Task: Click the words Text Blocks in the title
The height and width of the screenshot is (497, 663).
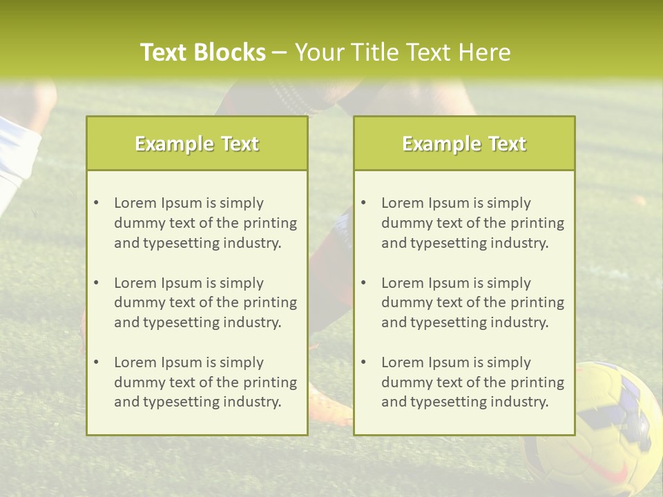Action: [202, 52]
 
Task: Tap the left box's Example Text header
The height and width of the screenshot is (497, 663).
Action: [197, 144]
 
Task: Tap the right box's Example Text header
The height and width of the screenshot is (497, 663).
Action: [464, 144]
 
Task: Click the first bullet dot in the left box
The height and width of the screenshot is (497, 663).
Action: [96, 203]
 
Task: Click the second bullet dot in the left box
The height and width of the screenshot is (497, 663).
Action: [96, 283]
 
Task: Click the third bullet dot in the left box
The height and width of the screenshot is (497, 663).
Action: [96, 362]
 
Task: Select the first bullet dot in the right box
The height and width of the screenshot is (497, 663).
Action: [363, 203]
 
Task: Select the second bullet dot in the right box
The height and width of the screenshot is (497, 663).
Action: [363, 283]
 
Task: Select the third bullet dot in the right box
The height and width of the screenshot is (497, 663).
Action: [363, 362]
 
